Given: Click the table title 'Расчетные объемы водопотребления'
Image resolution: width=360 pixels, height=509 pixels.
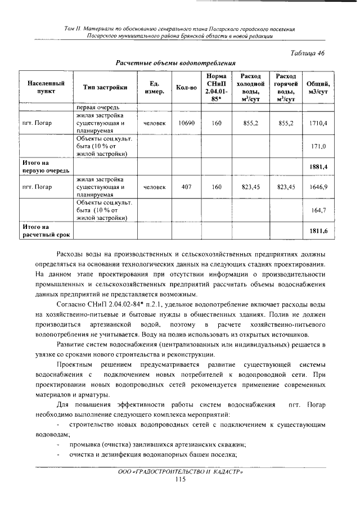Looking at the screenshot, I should [175, 62].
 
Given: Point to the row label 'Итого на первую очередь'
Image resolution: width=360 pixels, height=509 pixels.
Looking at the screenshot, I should [41, 166].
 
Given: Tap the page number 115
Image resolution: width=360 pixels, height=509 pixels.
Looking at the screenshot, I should [180, 479].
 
